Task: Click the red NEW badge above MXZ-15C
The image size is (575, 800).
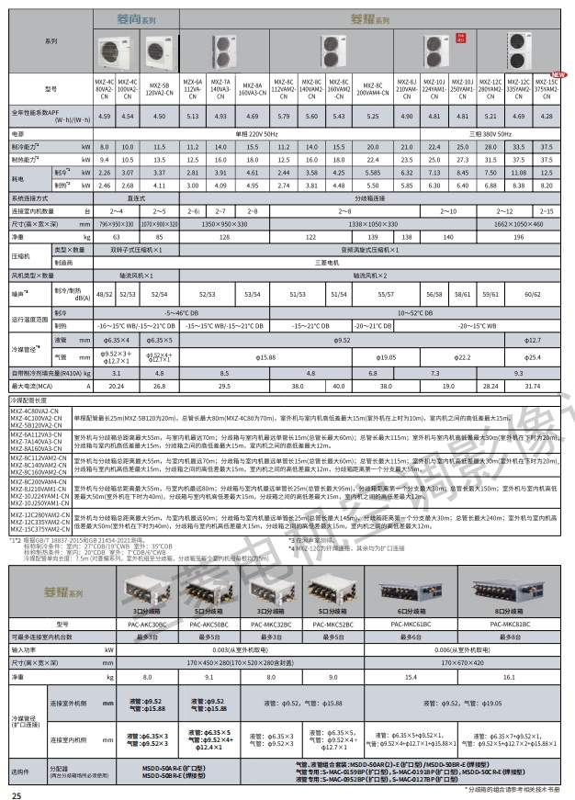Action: coord(556,75)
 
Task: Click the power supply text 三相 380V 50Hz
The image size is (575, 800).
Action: coord(475,133)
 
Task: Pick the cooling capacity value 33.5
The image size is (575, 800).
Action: coord(521,147)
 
